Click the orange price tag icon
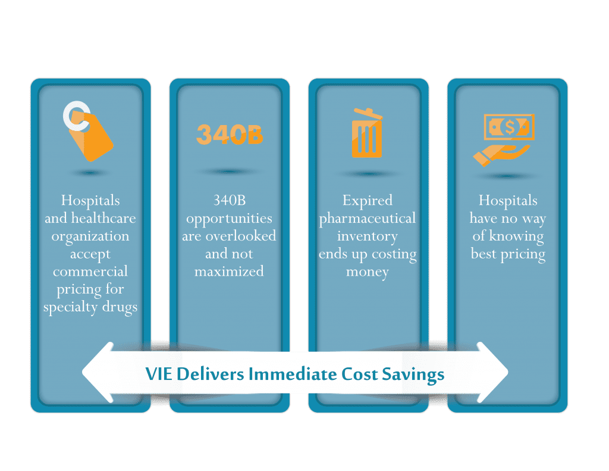tap(92, 136)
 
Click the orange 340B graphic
tap(230, 135)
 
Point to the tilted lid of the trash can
tap(368, 114)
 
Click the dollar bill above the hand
tap(509, 127)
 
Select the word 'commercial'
tap(90, 271)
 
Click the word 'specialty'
tap(70, 307)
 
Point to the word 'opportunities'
tap(229, 219)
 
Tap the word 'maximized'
tap(229, 271)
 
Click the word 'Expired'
tap(368, 201)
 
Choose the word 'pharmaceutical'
tap(368, 219)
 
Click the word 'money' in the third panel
tap(368, 272)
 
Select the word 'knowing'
tap(516, 236)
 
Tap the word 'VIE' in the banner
tap(159, 374)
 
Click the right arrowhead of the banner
tap(492, 372)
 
